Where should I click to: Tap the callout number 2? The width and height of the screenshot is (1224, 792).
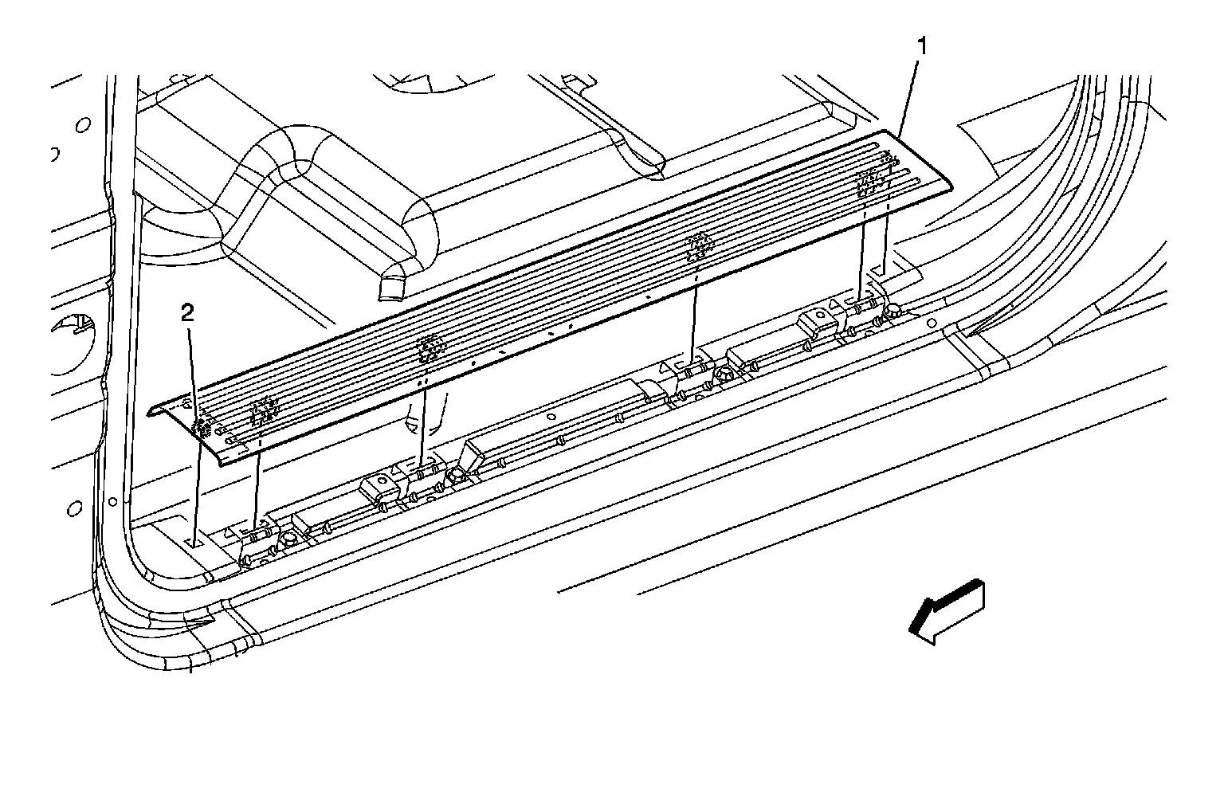[x=187, y=312]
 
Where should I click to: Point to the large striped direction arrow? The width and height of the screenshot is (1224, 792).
[x=947, y=610]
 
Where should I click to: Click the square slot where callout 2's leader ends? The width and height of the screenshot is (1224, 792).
[x=194, y=542]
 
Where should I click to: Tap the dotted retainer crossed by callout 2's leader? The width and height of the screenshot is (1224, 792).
[x=202, y=428]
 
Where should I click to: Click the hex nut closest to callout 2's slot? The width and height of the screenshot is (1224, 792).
[x=289, y=539]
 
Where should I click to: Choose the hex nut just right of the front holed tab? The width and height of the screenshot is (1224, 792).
[x=456, y=475]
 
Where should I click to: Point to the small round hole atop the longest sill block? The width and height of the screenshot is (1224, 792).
[x=550, y=415]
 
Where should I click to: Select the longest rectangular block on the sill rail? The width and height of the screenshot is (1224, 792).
[x=558, y=430]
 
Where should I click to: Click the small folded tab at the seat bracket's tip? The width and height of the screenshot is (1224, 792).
[x=393, y=286]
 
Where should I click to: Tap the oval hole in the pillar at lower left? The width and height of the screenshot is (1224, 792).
[x=75, y=508]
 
